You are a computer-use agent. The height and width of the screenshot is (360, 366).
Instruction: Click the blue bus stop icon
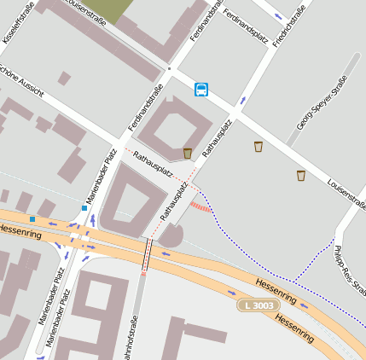(201, 89)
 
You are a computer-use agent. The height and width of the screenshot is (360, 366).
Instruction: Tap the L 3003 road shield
(258, 305)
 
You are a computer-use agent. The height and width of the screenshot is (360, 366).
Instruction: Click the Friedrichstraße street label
(289, 26)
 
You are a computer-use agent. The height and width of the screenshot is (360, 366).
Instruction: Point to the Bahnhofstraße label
(131, 339)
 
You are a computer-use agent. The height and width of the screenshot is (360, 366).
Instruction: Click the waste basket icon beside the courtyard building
(188, 153)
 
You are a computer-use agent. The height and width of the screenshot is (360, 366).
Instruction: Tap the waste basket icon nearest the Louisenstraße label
(300, 176)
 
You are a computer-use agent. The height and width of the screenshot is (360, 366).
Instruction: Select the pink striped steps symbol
(200, 206)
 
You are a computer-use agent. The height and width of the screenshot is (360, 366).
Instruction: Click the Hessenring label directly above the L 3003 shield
(276, 290)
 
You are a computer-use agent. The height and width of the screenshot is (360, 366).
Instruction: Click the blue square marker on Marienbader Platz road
(84, 207)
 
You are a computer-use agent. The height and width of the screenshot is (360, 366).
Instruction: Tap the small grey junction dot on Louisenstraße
(170, 68)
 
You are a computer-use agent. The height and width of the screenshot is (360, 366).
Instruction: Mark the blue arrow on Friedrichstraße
(278, 16)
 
